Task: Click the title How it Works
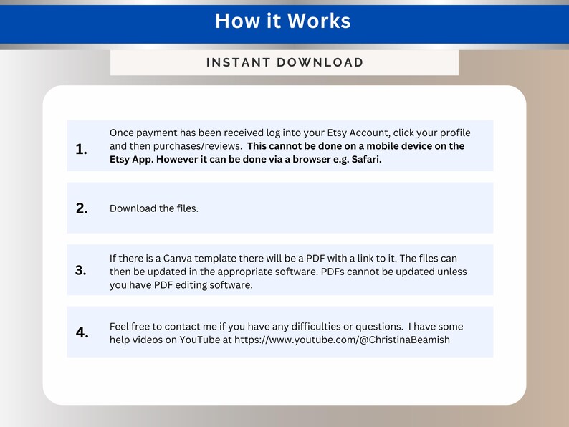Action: (x=283, y=21)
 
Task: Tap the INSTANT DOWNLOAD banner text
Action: (x=284, y=62)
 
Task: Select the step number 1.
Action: (x=81, y=150)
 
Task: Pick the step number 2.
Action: (x=82, y=208)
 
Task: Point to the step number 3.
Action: (x=81, y=271)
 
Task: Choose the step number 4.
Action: (x=82, y=332)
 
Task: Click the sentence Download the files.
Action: (x=154, y=208)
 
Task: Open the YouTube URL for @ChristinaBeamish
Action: (x=342, y=340)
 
